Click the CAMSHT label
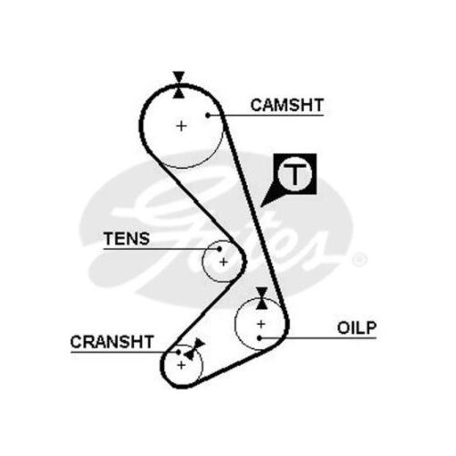[x=286, y=105]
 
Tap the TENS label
[x=127, y=239]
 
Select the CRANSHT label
[x=112, y=342]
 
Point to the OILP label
[x=357, y=327]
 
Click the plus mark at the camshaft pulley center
[x=181, y=126]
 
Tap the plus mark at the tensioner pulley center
[x=223, y=262]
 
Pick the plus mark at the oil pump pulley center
[x=261, y=324]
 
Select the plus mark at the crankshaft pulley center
[x=181, y=365]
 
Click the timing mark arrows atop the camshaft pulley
[x=179, y=85]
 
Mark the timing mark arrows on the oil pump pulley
[x=262, y=298]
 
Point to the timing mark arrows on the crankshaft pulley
[x=194, y=349]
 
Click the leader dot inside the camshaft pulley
[x=208, y=115]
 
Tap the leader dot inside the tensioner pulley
[x=219, y=249]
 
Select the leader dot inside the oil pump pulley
[x=259, y=337]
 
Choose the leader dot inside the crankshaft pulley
[x=179, y=352]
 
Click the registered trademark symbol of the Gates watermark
[x=359, y=259]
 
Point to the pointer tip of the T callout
[x=261, y=207]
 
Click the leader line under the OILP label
[x=318, y=337]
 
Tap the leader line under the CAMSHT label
[x=265, y=115]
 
